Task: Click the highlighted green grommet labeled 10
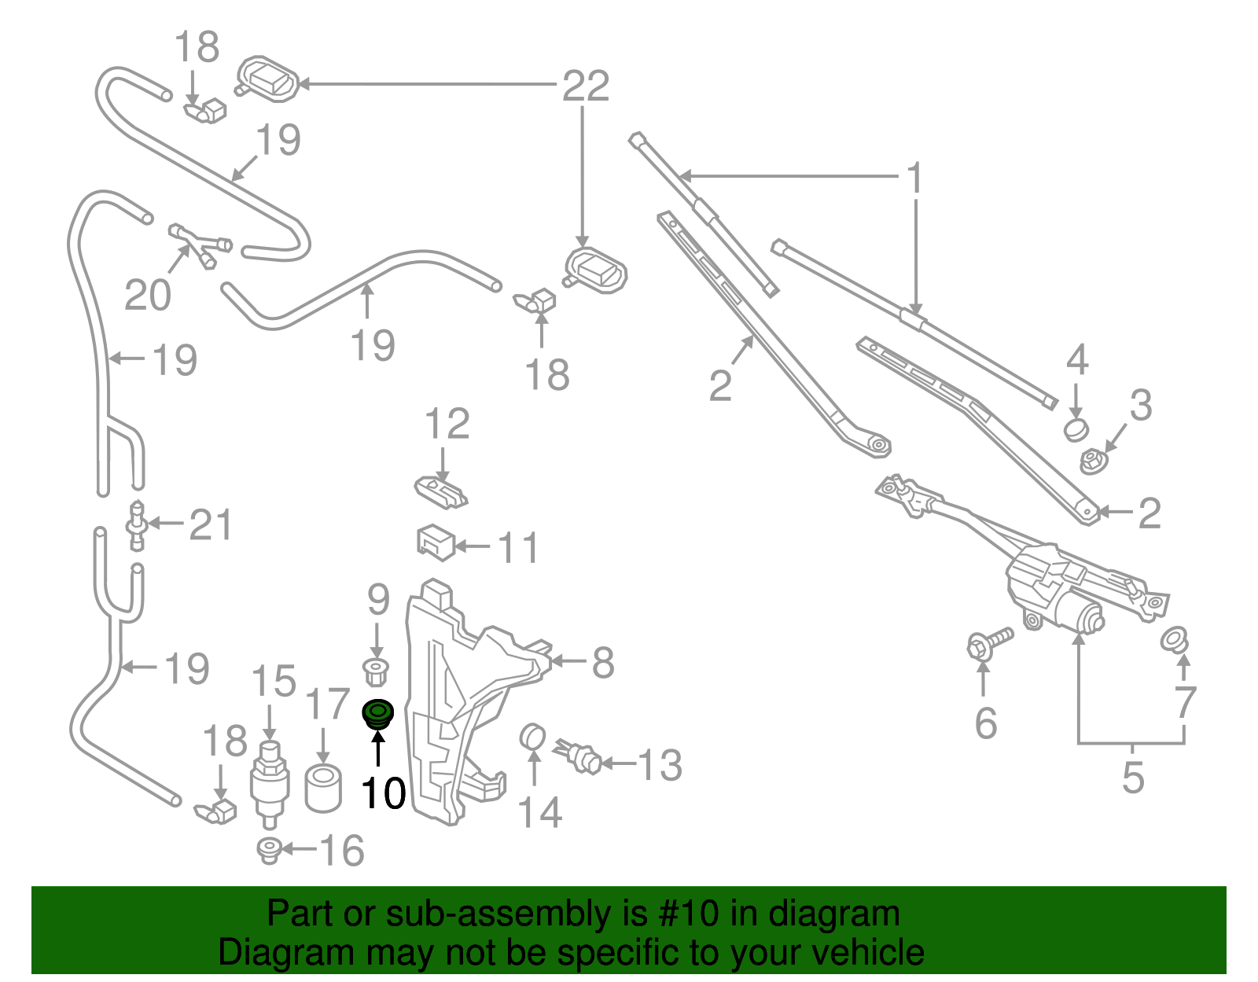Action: tap(377, 713)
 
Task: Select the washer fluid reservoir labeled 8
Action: tap(456, 708)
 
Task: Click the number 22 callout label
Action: tap(586, 86)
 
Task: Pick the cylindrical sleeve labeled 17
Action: tap(323, 788)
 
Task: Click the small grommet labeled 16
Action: tap(270, 850)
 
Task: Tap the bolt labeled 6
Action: tap(988, 643)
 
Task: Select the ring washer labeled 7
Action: tap(1175, 639)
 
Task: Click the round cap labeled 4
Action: tap(1075, 429)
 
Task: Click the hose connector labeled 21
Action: tap(138, 525)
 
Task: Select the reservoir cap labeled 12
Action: tap(441, 492)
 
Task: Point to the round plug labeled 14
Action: tap(533, 737)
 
